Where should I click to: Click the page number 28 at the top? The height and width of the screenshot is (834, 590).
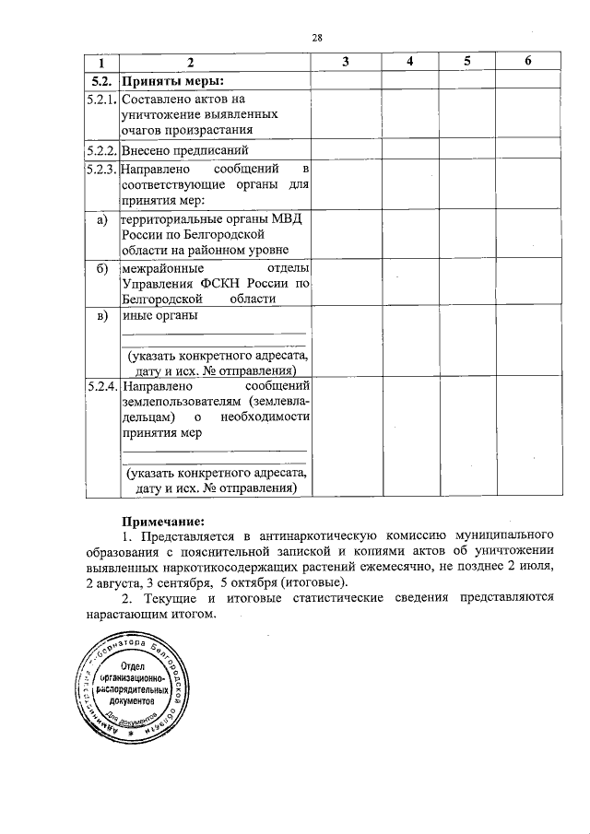tap(316, 38)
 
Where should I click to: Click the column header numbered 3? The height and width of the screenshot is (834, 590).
tap(345, 61)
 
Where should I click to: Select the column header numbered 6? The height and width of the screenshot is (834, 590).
tap(526, 61)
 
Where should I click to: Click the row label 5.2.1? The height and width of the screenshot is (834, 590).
tap(99, 99)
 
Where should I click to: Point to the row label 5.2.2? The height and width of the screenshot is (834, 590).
tap(99, 149)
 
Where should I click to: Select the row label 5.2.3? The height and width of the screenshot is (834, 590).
tap(99, 170)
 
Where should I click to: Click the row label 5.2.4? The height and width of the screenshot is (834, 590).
tap(99, 386)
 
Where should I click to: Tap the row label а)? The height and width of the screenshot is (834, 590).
tap(99, 218)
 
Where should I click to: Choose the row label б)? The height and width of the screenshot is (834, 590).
tap(99, 267)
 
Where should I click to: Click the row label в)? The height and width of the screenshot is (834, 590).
tap(99, 316)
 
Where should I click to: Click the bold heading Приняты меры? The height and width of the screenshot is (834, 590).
tap(167, 79)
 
